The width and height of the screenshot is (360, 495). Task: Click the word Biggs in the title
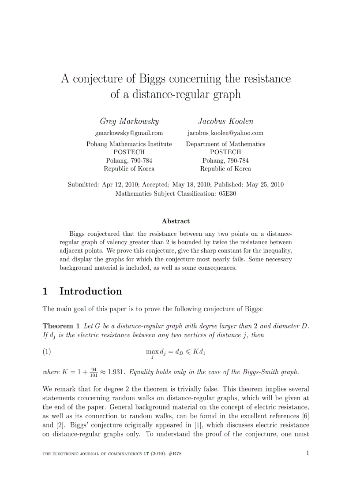click(153, 79)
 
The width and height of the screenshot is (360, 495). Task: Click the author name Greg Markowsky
click(129, 121)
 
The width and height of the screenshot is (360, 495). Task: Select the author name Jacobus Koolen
click(225, 121)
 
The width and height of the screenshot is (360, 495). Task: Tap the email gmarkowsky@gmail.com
click(129, 133)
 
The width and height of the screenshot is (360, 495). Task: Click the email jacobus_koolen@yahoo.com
click(225, 133)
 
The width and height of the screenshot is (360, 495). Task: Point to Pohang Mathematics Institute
click(129, 144)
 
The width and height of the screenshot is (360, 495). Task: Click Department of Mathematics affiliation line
click(225, 144)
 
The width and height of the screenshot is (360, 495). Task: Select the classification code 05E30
click(227, 193)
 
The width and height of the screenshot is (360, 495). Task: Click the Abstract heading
click(176, 221)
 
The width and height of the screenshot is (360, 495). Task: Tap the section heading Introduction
click(90, 291)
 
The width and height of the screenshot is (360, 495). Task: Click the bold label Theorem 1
click(61, 326)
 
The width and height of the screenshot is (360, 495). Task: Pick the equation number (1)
click(47, 351)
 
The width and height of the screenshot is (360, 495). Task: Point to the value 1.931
click(116, 372)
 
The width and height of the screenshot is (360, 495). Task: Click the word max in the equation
click(152, 351)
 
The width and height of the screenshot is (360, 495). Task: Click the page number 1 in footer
click(307, 453)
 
